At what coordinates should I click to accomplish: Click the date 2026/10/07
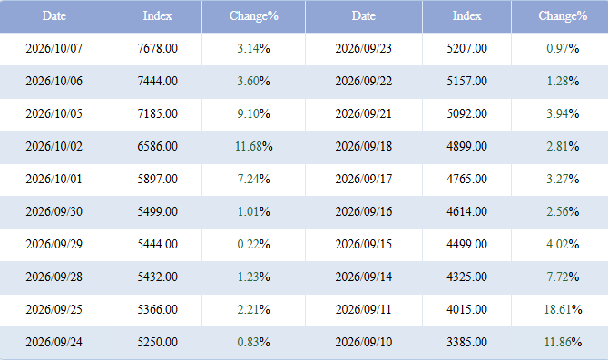[x=54, y=48]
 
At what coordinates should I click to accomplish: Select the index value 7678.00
[x=157, y=48]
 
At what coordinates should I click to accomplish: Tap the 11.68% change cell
[x=253, y=147]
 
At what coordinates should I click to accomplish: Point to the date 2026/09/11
[x=364, y=309]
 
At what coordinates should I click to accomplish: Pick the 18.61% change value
[x=563, y=309]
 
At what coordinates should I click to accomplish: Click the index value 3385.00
[x=466, y=342]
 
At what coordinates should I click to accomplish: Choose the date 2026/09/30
[x=54, y=211]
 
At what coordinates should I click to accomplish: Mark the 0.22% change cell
[x=253, y=244]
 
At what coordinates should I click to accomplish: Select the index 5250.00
[x=157, y=342]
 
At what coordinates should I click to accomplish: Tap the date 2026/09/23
[x=364, y=48]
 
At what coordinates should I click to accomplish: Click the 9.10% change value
[x=253, y=114]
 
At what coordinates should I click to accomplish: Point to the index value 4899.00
[x=466, y=147]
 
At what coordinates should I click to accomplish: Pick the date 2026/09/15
[x=364, y=244]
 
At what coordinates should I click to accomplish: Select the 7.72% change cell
[x=563, y=277]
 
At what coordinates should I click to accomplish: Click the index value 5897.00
[x=157, y=179]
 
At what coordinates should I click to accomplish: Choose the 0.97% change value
[x=563, y=48]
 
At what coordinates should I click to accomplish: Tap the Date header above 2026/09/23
[x=364, y=16]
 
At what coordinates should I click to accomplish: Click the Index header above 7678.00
[x=157, y=16]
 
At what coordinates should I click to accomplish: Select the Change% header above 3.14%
[x=253, y=16]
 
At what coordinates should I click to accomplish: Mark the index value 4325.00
[x=466, y=277]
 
